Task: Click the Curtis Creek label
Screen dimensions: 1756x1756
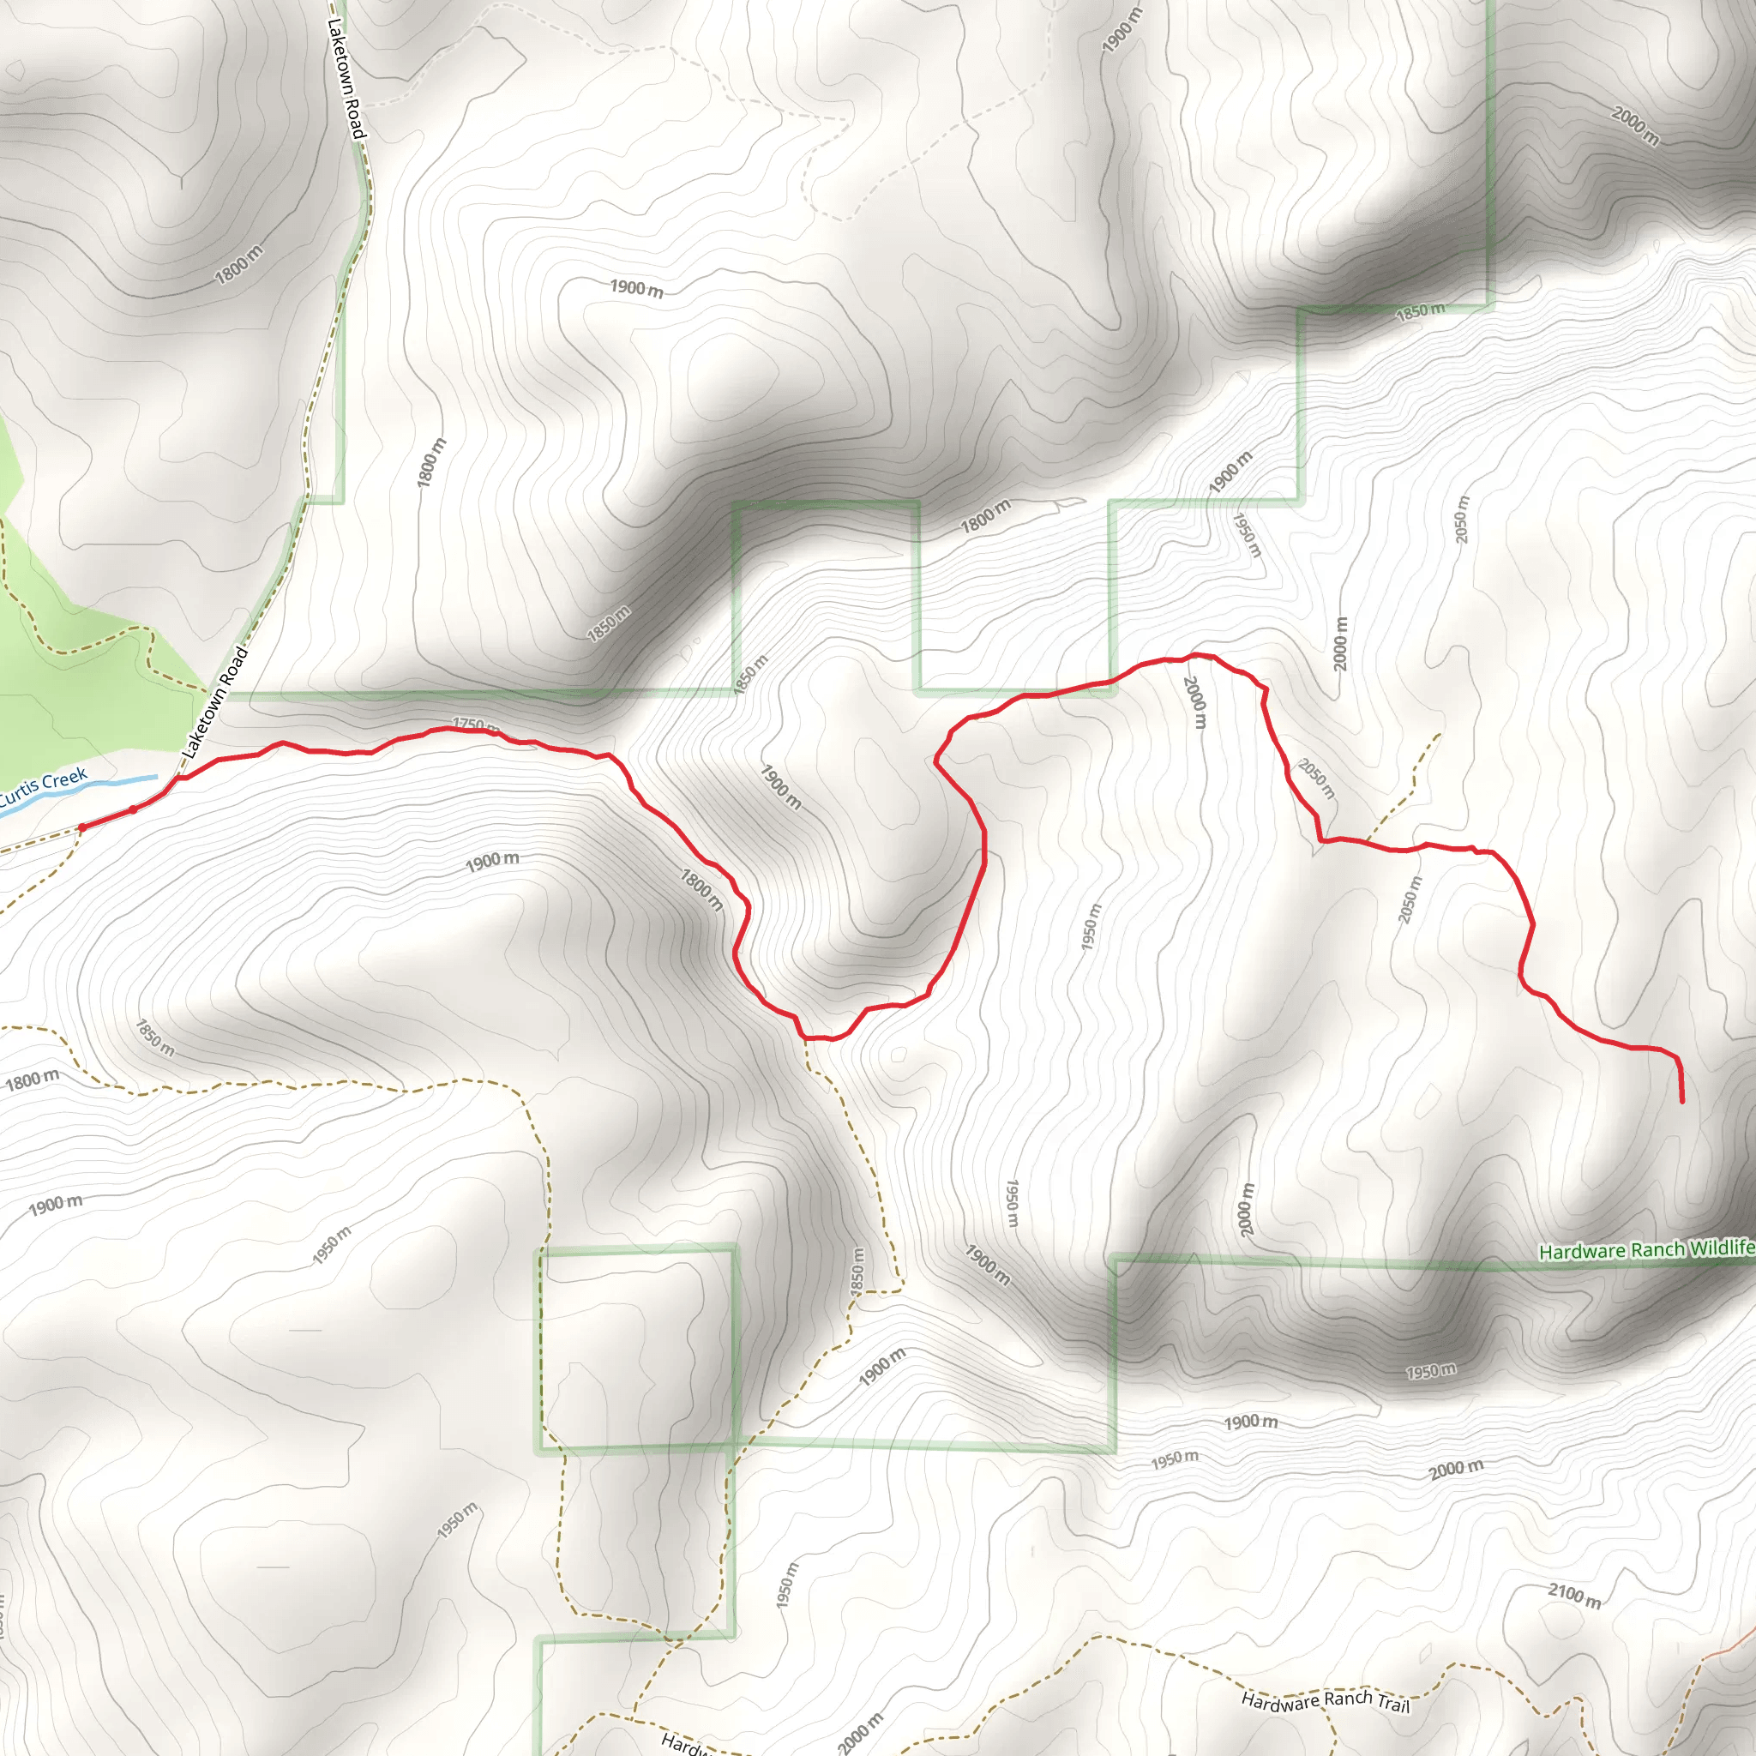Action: pos(43,787)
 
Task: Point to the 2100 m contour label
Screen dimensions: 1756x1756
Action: pos(1574,1595)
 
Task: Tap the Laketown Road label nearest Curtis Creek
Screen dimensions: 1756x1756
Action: pos(214,702)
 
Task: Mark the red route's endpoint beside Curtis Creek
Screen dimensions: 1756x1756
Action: pos(82,828)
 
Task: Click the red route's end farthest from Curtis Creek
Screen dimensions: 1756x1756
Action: pos(1681,1102)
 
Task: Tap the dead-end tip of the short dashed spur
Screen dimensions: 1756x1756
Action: pos(1440,735)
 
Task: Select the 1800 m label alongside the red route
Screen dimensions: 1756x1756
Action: pos(701,890)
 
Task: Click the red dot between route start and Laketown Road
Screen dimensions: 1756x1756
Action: pos(133,809)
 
